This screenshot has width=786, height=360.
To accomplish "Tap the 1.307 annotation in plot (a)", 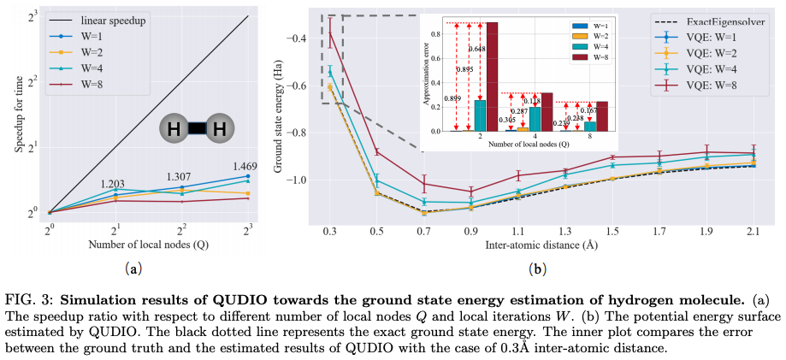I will [181, 176].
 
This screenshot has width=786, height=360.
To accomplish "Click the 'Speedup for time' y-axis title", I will [19, 113].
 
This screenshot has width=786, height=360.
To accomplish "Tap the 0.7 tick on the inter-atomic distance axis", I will [423, 232].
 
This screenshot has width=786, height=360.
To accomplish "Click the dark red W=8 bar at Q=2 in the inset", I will [492, 77].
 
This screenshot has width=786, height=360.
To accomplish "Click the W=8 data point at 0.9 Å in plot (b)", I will [470, 192].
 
